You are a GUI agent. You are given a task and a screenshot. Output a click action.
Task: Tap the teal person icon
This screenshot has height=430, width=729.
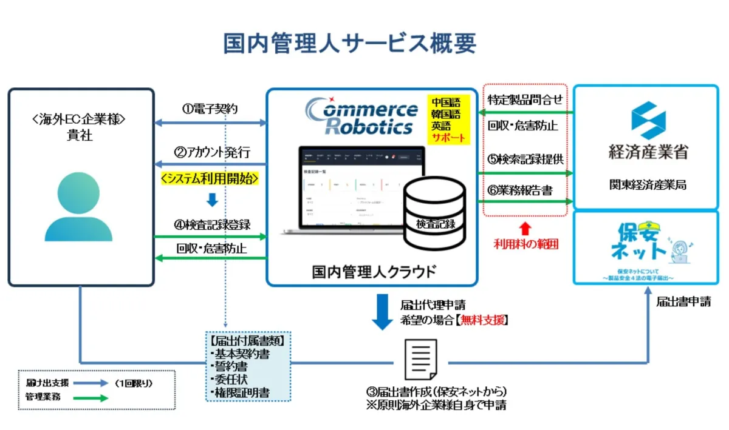(x=79, y=206)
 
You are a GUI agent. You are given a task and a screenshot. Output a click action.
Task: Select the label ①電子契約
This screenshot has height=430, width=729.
(x=210, y=109)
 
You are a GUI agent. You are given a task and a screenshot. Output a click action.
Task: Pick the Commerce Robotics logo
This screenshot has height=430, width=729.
(x=363, y=116)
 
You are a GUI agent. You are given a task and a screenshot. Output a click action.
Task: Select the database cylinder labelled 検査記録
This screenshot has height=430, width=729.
(x=435, y=212)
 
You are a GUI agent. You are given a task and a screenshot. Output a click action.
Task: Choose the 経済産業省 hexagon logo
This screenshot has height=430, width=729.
(x=648, y=121)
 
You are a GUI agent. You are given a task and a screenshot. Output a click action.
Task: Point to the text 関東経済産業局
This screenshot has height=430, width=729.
(x=648, y=185)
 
